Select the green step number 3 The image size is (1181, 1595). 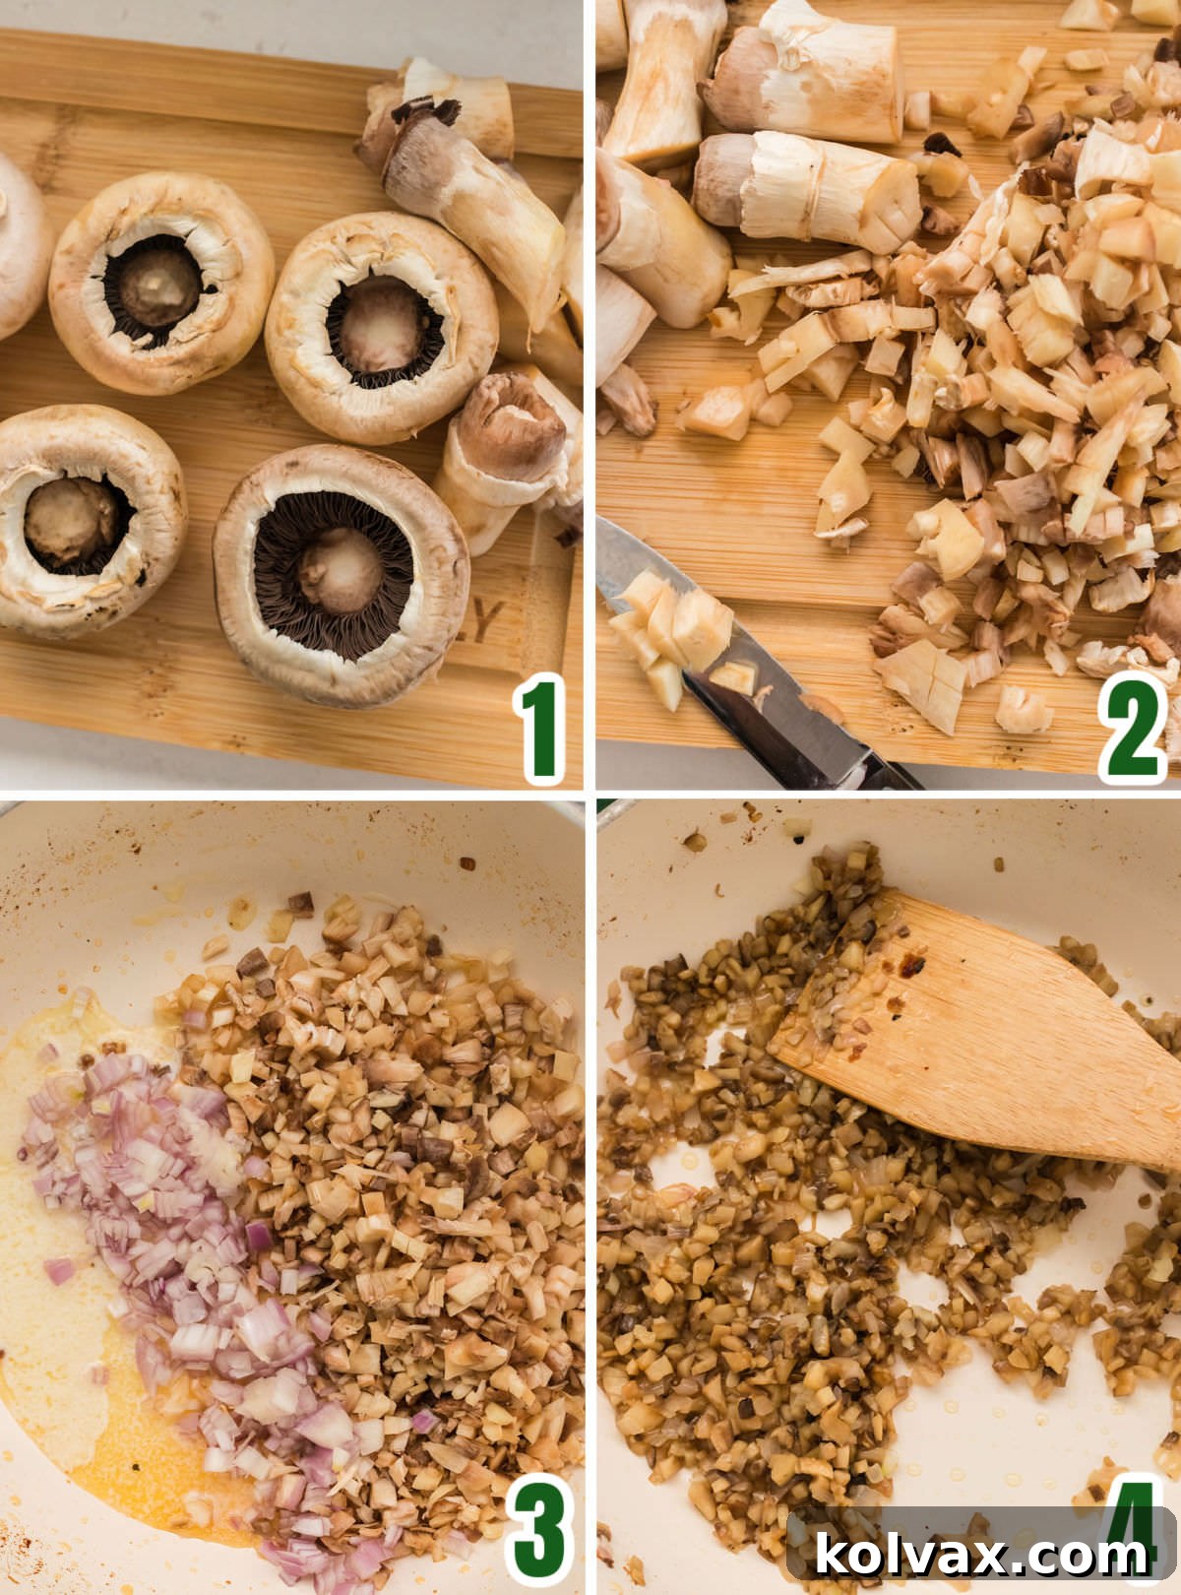click(540, 1528)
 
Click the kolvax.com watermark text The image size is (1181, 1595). click(981, 1555)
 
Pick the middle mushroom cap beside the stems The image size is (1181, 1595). click(382, 325)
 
